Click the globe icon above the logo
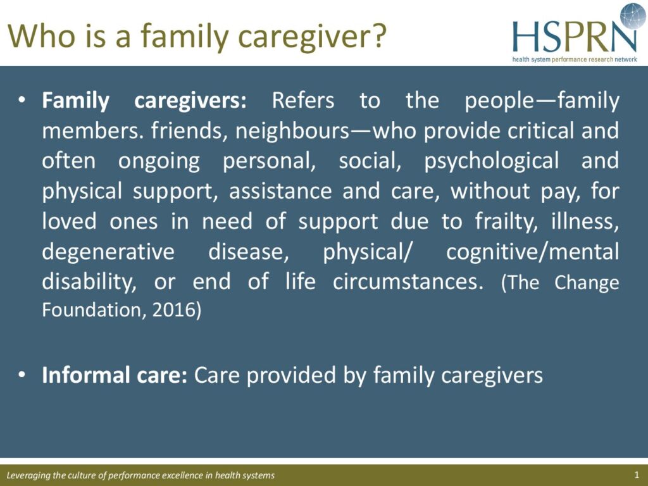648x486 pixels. coord(633,16)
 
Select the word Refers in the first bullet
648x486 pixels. coord(303,101)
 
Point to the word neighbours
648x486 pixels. coord(292,130)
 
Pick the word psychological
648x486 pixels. coord(491,161)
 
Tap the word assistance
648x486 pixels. coord(280,191)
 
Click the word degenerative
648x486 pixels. coord(108,252)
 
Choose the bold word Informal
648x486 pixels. coord(82,375)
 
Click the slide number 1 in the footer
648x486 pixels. coord(637,475)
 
